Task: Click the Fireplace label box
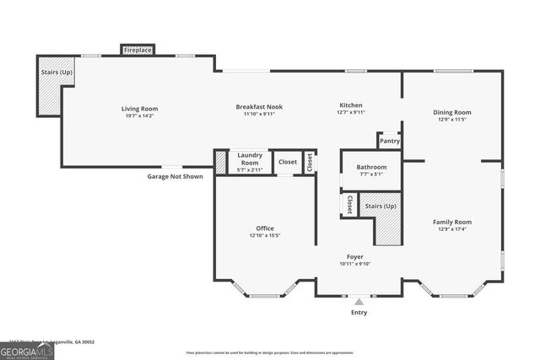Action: click(x=138, y=51)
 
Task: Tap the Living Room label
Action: click(x=139, y=109)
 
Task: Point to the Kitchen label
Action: click(x=350, y=105)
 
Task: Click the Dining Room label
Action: click(x=452, y=112)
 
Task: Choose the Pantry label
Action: click(x=390, y=141)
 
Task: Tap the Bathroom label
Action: click(x=371, y=167)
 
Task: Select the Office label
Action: click(x=265, y=228)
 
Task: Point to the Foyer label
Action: click(x=355, y=256)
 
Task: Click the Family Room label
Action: click(x=452, y=223)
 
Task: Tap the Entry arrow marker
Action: click(x=359, y=300)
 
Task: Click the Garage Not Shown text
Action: click(x=175, y=176)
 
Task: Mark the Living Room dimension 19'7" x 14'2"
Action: click(x=139, y=116)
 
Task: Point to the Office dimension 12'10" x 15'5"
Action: click(x=265, y=235)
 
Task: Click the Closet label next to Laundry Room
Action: click(x=288, y=161)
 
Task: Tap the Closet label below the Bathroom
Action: click(x=349, y=204)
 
